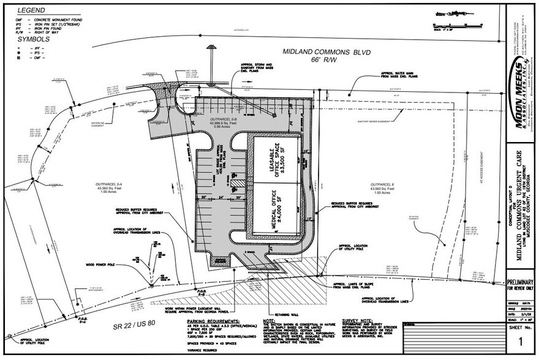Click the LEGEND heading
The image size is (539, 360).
pyautogui.click(x=30, y=10)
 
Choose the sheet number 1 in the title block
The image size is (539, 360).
pyautogui.click(x=520, y=340)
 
